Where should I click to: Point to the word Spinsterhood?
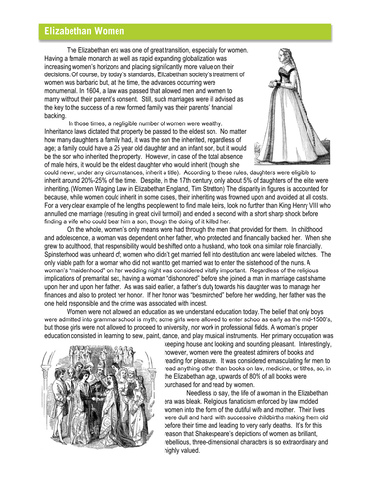click(x=51, y=257)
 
